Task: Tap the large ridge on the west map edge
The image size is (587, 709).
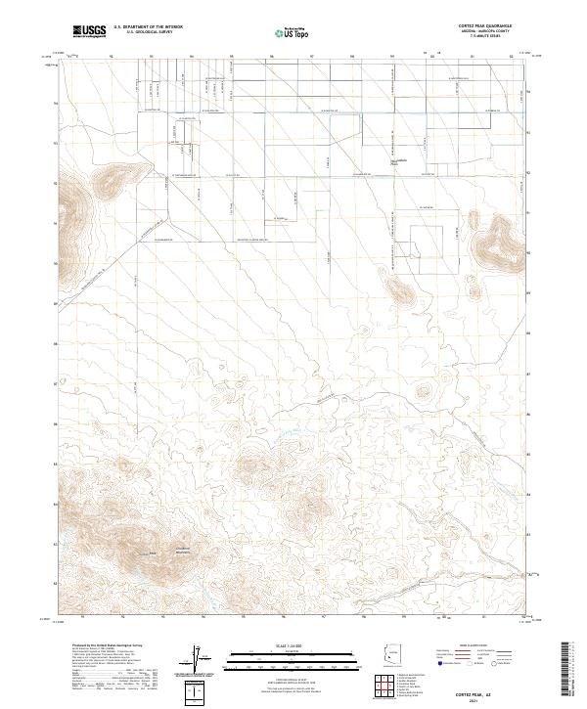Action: click(70, 210)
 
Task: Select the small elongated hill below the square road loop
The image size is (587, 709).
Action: click(399, 289)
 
